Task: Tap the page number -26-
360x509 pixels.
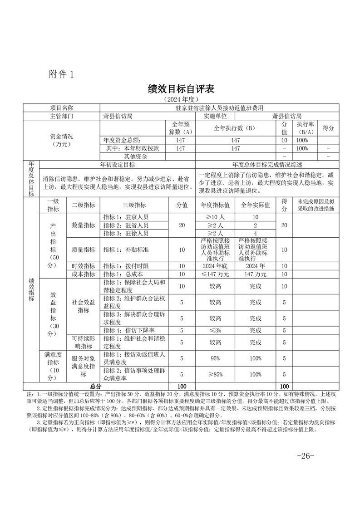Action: [305, 455]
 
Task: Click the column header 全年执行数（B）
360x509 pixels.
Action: [235, 128]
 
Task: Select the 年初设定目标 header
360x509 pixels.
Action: [117, 164]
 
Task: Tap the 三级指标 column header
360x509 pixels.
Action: [134, 205]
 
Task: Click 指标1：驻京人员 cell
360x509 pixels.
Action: [126, 217]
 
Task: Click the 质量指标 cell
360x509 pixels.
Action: [83, 250]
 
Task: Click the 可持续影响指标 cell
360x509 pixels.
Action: [83, 343]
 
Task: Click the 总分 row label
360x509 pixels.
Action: [95, 386]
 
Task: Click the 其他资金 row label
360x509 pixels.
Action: [129, 156]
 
